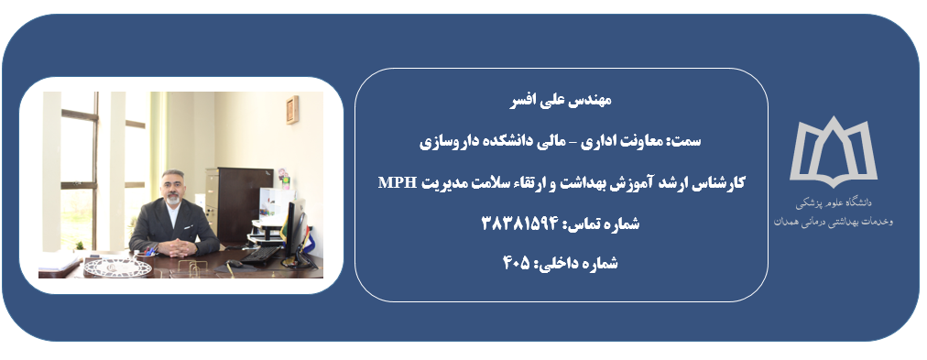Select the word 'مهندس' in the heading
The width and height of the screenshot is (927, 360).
click(x=594, y=100)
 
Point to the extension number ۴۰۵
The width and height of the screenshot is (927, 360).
click(x=518, y=263)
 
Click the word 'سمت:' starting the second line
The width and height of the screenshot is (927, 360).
click(x=688, y=142)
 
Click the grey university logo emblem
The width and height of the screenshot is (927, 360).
click(x=833, y=151)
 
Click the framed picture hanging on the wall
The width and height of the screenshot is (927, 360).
click(x=292, y=109)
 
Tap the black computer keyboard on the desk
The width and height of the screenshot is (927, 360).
click(x=260, y=255)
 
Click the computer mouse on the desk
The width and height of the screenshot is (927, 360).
click(x=234, y=263)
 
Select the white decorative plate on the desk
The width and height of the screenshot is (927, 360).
click(x=117, y=267)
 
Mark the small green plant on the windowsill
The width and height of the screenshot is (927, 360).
click(x=79, y=245)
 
